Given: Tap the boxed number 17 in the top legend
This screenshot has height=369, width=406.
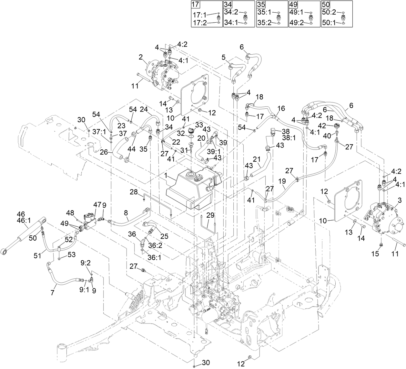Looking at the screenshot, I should pyautogui.click(x=195, y=5).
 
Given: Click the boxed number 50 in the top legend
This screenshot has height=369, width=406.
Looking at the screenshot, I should pyautogui.click(x=326, y=5).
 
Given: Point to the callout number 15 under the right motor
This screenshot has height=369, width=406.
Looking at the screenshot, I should pyautogui.click(x=375, y=254).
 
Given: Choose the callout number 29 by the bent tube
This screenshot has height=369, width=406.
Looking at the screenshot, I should pyautogui.click(x=210, y=215).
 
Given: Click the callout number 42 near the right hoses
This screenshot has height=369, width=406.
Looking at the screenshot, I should pyautogui.click(x=331, y=125).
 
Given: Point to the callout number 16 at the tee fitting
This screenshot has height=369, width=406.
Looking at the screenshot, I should pyautogui.click(x=281, y=108).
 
